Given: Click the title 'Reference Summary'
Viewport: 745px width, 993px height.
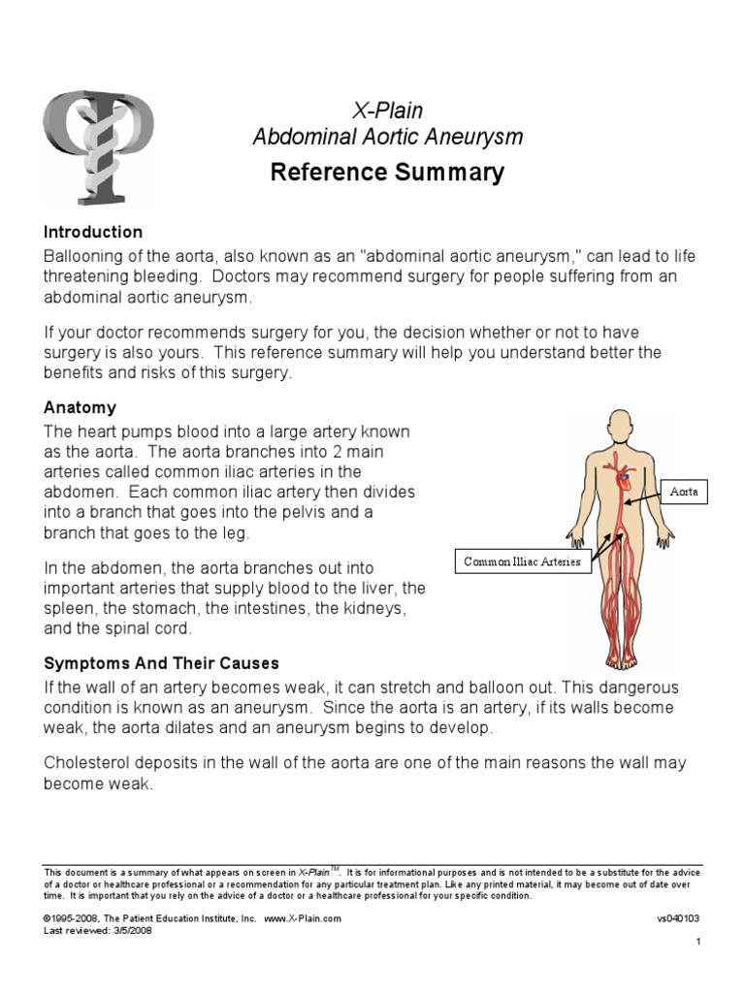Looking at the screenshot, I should pyautogui.click(x=387, y=174).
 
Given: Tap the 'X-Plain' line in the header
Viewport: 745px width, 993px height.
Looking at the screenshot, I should pyautogui.click(x=387, y=111).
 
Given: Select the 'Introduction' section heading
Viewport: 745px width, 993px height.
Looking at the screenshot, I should pyautogui.click(x=93, y=233).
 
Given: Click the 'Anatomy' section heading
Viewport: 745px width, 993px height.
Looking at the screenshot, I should pyautogui.click(x=80, y=408).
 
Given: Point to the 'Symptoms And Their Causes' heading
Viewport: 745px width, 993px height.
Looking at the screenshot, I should pyautogui.click(x=161, y=664).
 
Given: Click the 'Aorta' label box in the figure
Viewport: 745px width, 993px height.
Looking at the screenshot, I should pyautogui.click(x=685, y=493).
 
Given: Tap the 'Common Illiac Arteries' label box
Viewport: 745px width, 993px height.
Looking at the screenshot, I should pyautogui.click(x=524, y=561).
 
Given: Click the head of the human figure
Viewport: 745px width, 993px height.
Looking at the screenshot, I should pyautogui.click(x=617, y=427).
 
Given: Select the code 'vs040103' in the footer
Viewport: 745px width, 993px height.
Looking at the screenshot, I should pyautogui.click(x=678, y=917).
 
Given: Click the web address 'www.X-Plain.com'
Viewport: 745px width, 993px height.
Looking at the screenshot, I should pyautogui.click(x=303, y=917).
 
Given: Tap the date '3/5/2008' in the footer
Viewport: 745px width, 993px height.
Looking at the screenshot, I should pyautogui.click(x=133, y=930).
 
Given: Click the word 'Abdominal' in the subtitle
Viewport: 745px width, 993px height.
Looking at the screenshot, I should pyautogui.click(x=298, y=138).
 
